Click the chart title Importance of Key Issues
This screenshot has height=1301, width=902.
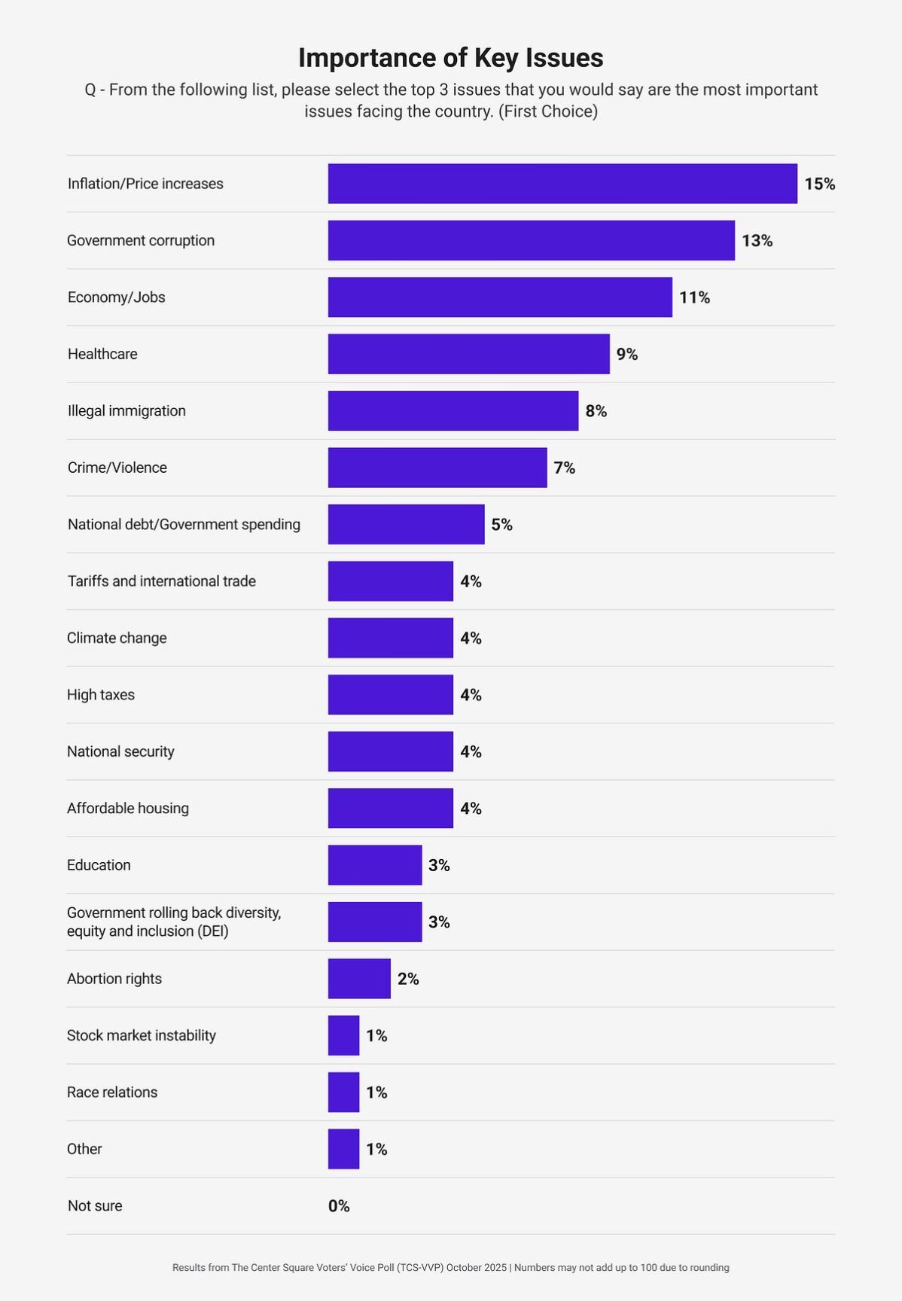point(450,58)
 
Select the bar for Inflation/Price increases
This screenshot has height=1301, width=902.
point(562,184)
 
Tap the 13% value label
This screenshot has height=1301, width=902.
point(757,241)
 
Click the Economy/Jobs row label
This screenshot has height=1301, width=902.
point(116,297)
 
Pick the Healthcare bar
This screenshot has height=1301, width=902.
point(468,354)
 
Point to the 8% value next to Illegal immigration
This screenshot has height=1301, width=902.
point(596,411)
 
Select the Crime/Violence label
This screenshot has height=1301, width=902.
point(117,468)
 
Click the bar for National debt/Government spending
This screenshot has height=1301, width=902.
point(406,524)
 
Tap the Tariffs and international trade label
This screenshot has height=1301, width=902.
point(161,581)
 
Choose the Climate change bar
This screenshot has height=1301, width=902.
point(390,638)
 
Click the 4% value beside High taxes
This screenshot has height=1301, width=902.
point(471,695)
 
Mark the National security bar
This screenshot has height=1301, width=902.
point(390,751)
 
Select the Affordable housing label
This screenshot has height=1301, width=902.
point(127,808)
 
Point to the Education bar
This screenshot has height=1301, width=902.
point(374,865)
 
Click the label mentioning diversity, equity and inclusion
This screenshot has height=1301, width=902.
point(173,922)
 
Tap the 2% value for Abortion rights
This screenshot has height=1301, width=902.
point(407,979)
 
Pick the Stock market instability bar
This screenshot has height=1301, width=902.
point(343,1035)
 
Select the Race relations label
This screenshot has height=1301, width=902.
point(111,1092)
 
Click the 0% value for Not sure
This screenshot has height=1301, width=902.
point(339,1206)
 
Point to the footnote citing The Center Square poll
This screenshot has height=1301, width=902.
point(450,1268)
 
